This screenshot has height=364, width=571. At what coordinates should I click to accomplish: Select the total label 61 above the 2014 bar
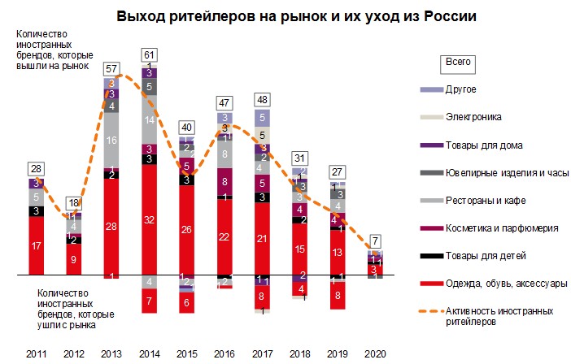pos(149,55)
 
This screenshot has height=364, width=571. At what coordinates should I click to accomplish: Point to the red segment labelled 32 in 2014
pos(149,219)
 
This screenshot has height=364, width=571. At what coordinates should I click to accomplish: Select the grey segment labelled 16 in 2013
pos(111,141)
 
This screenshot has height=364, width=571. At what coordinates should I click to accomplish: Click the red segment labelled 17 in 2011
pos(36,246)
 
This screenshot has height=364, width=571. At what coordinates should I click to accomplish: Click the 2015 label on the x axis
pos(186,355)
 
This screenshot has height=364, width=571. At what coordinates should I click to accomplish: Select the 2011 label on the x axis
pos(36,355)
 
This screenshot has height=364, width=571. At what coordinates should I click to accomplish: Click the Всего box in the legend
pos(458,62)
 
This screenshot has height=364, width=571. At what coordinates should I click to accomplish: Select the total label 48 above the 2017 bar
pos(261,99)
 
